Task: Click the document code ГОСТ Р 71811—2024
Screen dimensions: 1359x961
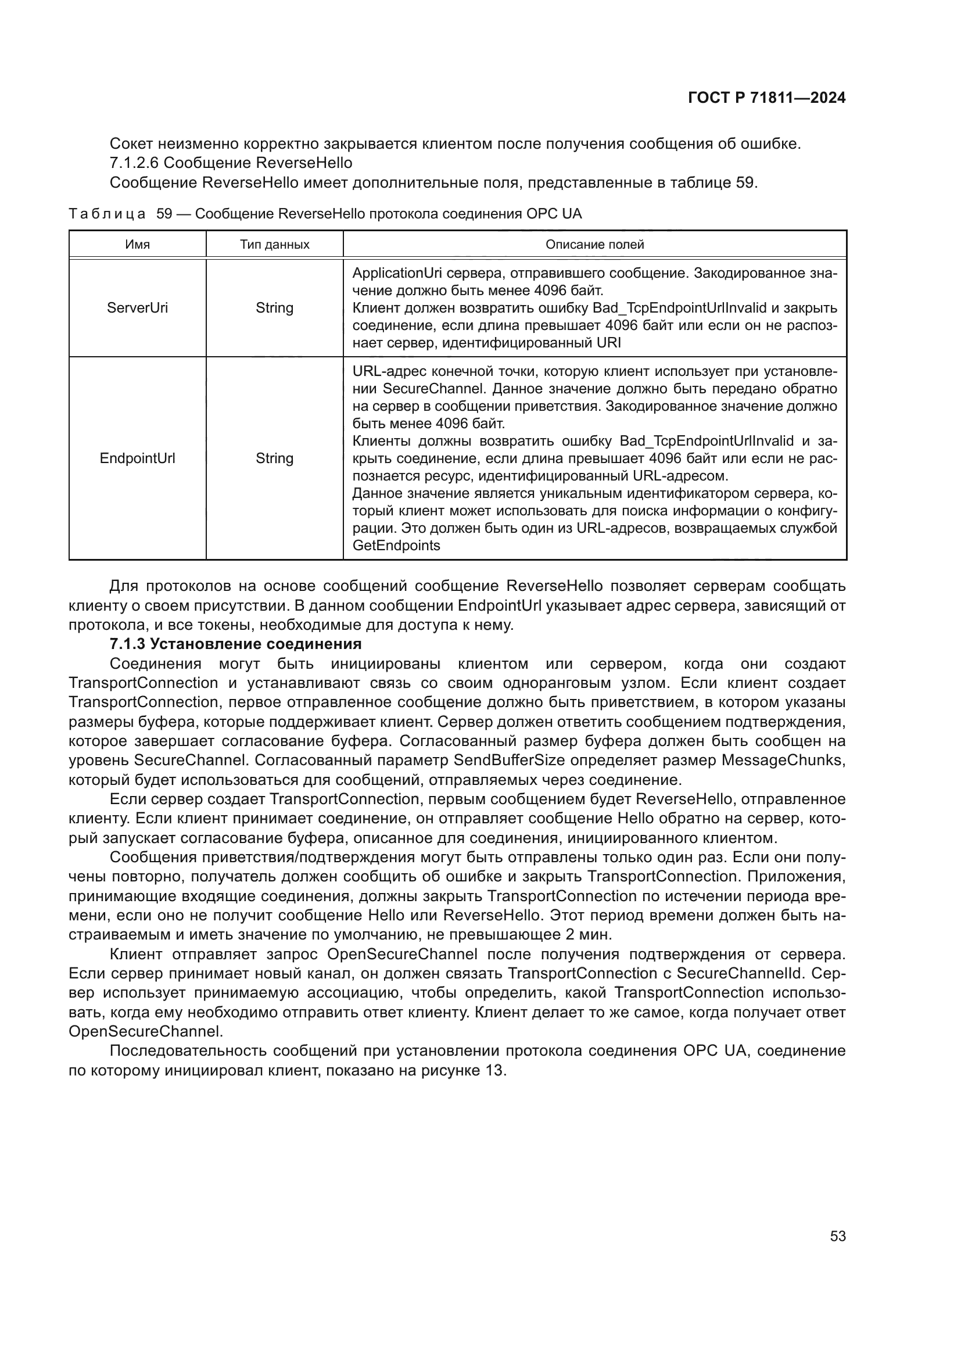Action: [766, 98]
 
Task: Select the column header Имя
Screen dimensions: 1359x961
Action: [137, 245]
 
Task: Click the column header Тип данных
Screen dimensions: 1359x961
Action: [275, 245]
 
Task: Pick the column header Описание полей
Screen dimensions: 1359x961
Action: [594, 245]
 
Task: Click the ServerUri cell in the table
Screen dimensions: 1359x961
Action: [137, 308]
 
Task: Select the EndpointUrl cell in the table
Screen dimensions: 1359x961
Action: [137, 458]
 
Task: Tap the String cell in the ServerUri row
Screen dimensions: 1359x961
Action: [275, 308]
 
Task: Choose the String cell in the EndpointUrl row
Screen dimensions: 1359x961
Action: [275, 458]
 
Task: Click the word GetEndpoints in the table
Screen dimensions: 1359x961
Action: [396, 546]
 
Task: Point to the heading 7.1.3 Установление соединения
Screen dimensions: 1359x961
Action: [235, 643]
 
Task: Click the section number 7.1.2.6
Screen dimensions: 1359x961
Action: [134, 163]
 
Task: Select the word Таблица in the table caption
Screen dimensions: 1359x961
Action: [107, 214]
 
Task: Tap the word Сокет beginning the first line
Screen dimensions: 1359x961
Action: [131, 144]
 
